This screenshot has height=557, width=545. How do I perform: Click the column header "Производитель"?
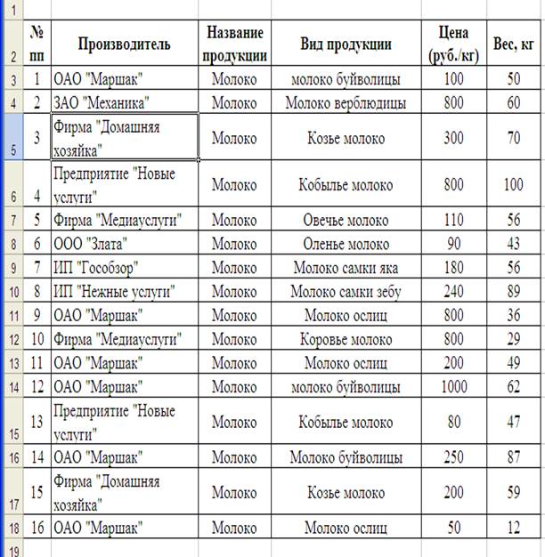tap(124, 44)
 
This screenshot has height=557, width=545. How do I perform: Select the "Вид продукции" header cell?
tap(346, 44)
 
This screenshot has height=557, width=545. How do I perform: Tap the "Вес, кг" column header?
tap(514, 44)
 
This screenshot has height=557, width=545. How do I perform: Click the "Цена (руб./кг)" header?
tap(454, 44)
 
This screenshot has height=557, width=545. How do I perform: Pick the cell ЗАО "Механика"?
tap(101, 103)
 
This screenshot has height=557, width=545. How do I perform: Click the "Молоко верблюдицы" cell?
tap(346, 103)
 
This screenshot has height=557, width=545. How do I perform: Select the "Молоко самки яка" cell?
tap(346, 268)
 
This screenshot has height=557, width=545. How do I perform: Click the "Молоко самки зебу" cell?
tap(346, 291)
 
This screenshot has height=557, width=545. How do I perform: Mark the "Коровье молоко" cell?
tap(346, 339)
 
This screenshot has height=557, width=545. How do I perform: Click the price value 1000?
tap(454, 386)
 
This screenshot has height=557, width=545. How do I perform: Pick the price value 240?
tap(454, 291)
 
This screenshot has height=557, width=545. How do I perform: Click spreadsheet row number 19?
tap(12, 550)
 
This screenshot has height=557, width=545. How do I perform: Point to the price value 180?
tap(454, 268)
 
